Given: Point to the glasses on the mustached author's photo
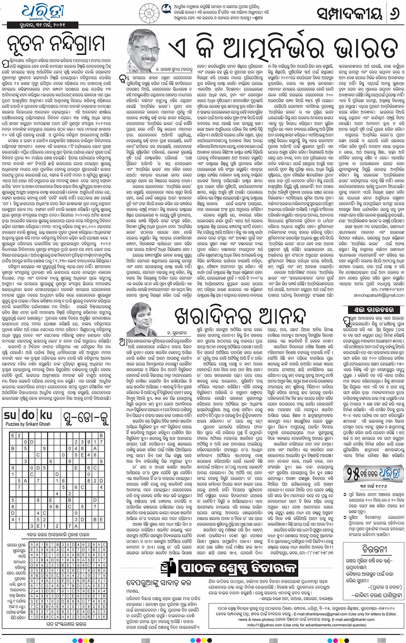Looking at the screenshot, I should point(144,50).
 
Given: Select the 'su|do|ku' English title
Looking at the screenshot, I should point(28,416).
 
